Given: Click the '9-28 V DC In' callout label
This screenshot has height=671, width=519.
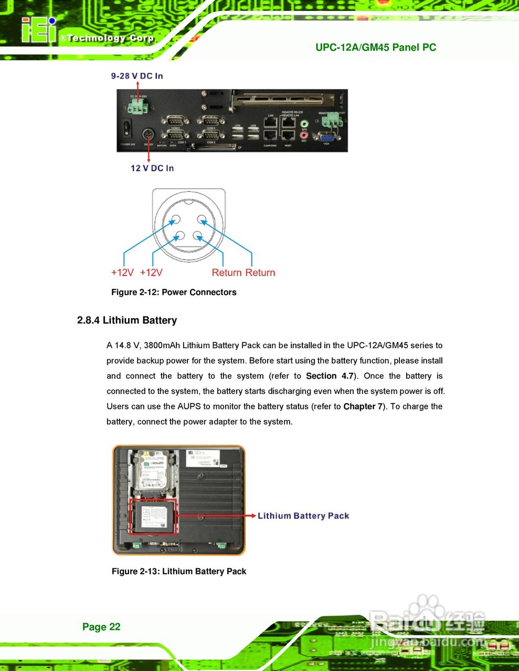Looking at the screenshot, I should point(137,76).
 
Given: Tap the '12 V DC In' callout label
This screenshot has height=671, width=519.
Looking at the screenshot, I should point(152,168).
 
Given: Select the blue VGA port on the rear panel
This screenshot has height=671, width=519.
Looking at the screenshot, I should point(325,138).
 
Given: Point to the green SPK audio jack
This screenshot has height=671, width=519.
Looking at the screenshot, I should point(304,124).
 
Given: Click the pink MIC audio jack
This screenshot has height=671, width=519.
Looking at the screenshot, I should point(304,135).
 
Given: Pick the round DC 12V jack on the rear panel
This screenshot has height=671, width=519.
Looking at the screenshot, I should point(149,134).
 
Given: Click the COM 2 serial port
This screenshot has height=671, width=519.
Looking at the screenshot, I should point(175,121).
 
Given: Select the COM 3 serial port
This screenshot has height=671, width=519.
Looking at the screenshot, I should point(210,135).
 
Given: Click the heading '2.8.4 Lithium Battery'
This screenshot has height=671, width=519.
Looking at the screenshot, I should point(127,320).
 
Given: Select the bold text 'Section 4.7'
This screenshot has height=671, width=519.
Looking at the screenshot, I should point(330,376).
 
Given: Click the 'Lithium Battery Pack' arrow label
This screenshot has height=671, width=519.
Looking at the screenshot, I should point(303,516).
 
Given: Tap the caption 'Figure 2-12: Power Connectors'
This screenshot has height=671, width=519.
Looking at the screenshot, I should point(174,293).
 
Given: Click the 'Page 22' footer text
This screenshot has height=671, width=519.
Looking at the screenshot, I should point(101,627).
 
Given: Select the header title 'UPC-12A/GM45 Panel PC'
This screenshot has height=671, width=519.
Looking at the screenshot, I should point(376,48).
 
